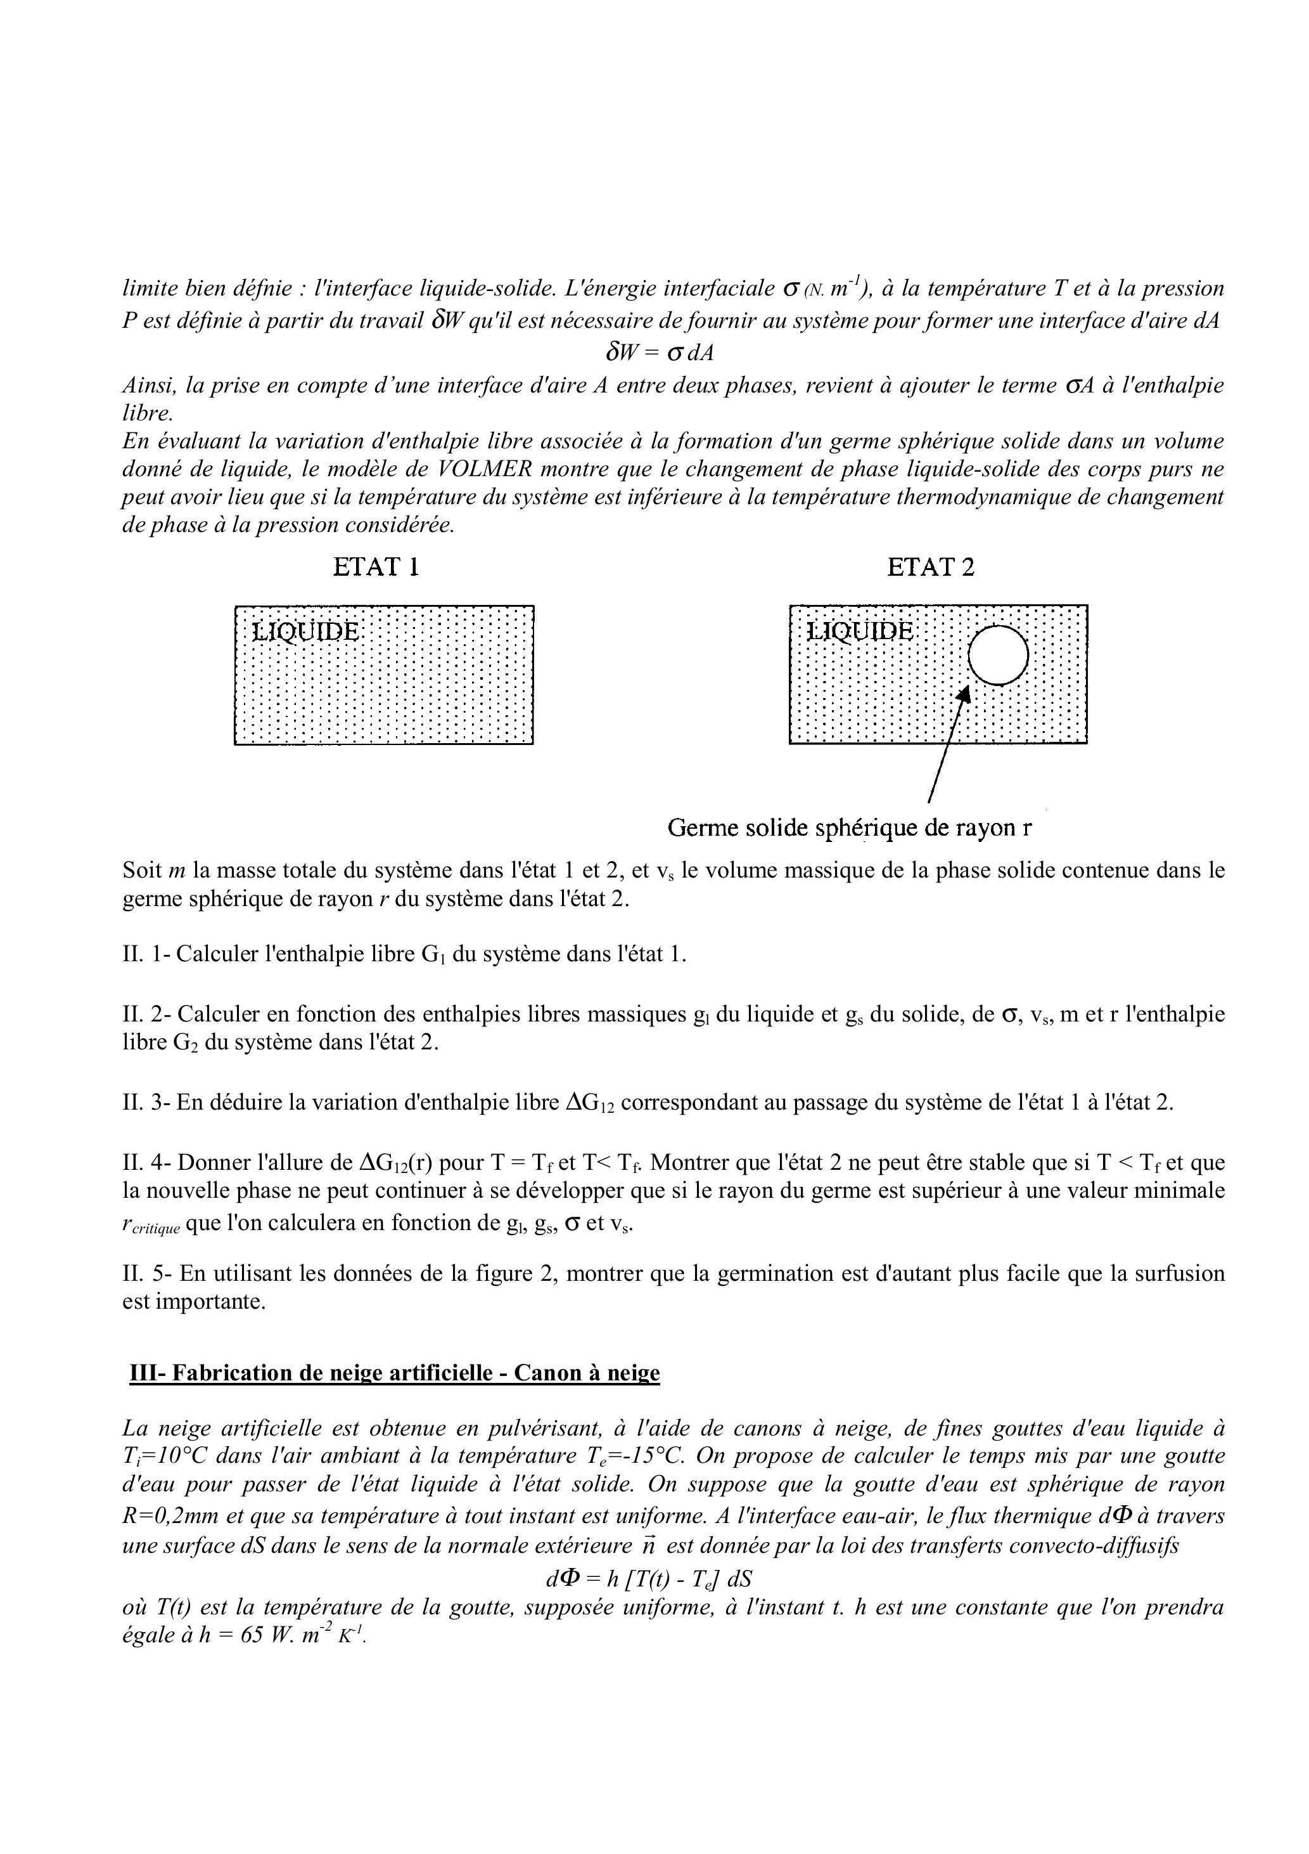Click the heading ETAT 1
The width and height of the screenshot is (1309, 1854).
(376, 567)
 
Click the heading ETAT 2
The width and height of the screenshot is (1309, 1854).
(931, 567)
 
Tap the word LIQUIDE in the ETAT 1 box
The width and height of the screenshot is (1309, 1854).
(305, 631)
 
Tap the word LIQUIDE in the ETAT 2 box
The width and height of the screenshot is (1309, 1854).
(860, 631)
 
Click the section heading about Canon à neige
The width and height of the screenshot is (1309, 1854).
(395, 1373)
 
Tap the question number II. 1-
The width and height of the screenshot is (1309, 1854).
(146, 954)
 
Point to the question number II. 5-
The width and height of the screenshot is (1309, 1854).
(147, 1273)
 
